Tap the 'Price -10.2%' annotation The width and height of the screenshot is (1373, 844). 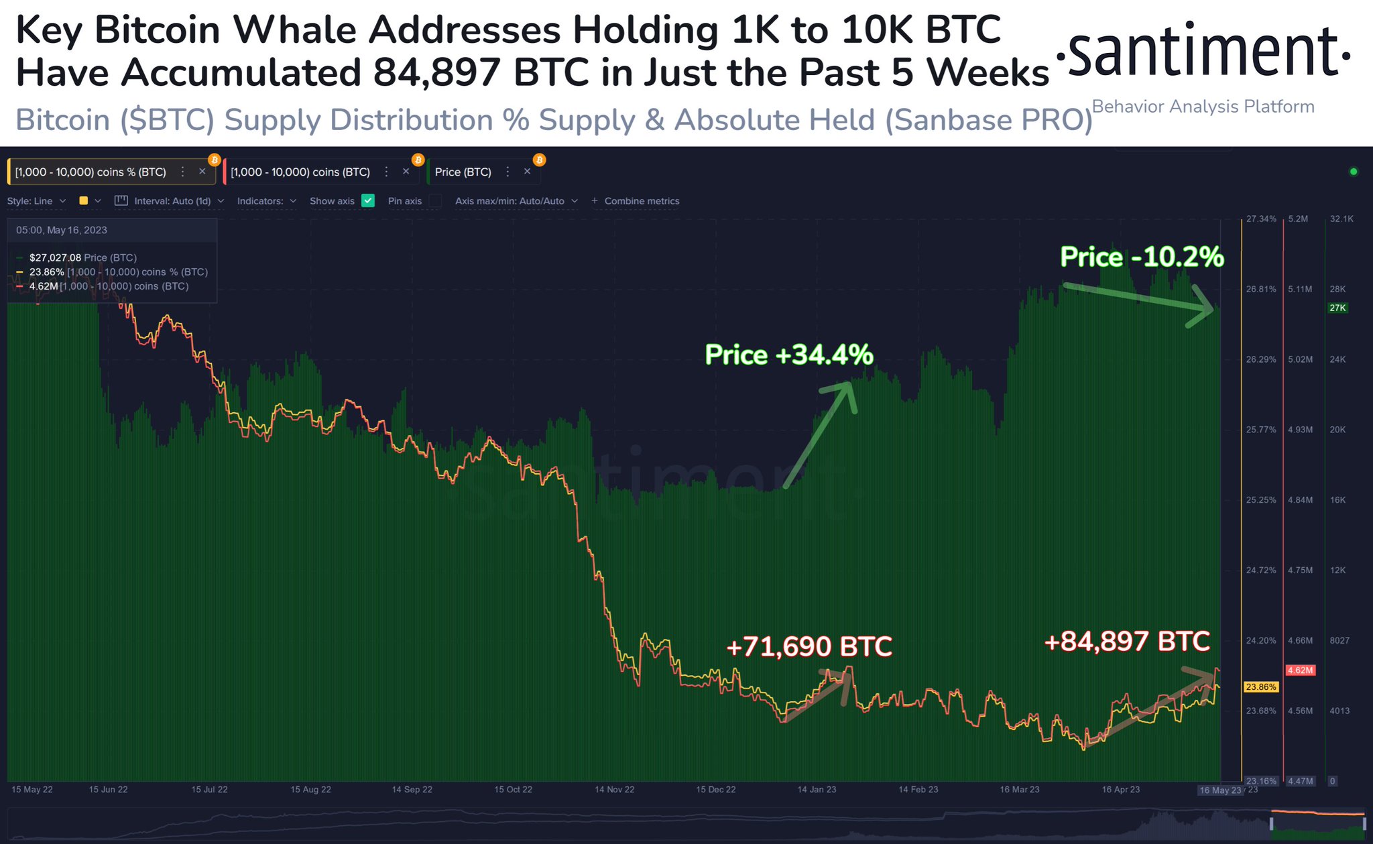click(x=1142, y=257)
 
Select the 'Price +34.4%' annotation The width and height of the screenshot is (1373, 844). click(x=789, y=355)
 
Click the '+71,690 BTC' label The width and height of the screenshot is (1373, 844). click(x=809, y=647)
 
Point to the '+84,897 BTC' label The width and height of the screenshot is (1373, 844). click(x=1127, y=642)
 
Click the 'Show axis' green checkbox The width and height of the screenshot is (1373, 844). click(x=368, y=200)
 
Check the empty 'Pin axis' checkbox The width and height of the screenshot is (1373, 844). click(x=436, y=200)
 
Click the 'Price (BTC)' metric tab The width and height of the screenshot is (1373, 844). click(x=463, y=172)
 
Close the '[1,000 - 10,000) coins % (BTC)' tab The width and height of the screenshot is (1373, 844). click(x=202, y=172)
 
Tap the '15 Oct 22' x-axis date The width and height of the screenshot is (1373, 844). click(x=513, y=790)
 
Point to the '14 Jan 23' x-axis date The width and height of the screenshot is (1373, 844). click(x=817, y=790)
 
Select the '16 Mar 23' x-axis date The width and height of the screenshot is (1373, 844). click(x=1019, y=790)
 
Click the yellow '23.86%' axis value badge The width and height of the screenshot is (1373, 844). click(x=1261, y=687)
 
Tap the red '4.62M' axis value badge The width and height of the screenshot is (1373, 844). click(x=1300, y=670)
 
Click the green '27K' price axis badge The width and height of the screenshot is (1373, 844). click(x=1337, y=308)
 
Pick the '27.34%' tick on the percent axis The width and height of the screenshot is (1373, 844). click(x=1261, y=219)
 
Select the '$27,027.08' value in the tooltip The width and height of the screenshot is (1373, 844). click(x=55, y=257)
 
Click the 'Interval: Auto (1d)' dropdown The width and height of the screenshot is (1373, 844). click(x=172, y=201)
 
